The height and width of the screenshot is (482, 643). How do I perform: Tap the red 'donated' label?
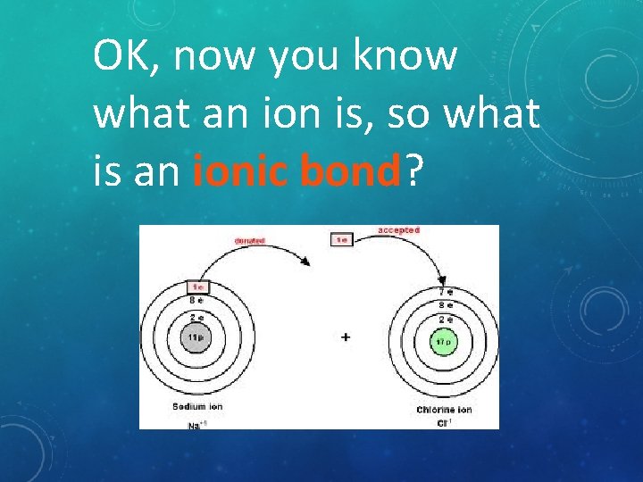pos(250,241)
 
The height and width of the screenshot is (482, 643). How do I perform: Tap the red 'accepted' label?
pos(398,230)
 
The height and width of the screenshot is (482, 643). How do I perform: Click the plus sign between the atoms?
pos(346,337)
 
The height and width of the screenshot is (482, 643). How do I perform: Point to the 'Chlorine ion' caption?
pos(444,410)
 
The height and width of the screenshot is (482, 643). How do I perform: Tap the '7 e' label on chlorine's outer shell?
pos(443,293)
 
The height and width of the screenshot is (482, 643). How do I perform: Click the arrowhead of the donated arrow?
pos(306,262)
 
